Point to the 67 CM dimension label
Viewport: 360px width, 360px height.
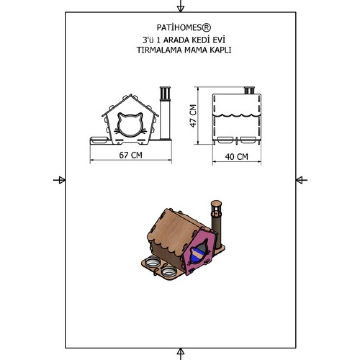[131, 155]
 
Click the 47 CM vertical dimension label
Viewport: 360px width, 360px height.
[193, 116]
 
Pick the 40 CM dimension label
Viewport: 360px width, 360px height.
[237, 157]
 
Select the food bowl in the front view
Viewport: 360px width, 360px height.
[99, 140]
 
